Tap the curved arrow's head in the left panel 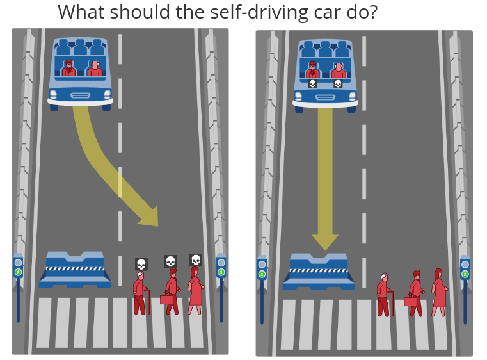point(148,216)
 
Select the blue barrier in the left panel point(75,269)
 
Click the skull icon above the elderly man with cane point(141,264)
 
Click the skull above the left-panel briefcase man point(170,261)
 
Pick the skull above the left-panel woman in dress point(196,259)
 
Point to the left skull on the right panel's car point(313,83)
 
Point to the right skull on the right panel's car point(338,83)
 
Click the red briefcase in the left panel point(166,299)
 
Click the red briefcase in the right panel point(410,300)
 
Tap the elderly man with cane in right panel point(383,294)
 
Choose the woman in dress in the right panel point(439,292)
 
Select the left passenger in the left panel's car point(68,67)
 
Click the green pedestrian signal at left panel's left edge point(18,272)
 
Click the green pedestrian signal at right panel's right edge point(465,274)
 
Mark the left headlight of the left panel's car point(54,95)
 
